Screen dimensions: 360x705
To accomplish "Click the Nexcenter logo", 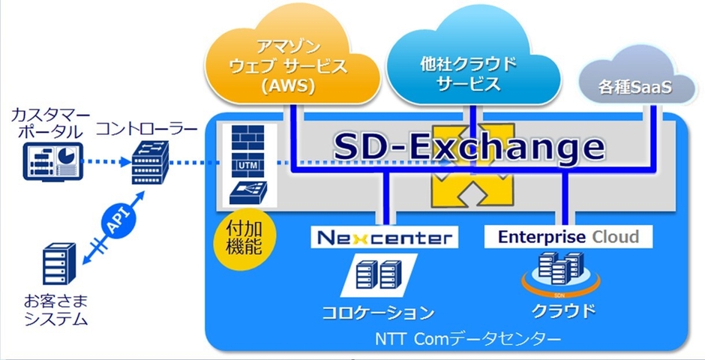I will coord(382,238).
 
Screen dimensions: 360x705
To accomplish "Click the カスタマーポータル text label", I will coord(50,123).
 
